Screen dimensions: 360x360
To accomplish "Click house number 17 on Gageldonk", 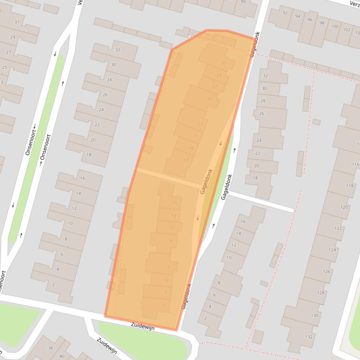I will pos(186,160).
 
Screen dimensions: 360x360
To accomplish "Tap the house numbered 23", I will pos(200,124).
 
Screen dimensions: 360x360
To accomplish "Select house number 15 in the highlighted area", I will pos(175,203).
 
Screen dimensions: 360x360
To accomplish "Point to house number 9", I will pos(170,241).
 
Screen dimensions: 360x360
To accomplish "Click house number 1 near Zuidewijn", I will pos(163,305).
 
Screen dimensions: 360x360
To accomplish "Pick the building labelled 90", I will pos(243,2).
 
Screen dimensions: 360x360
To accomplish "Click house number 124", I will pos(332,250).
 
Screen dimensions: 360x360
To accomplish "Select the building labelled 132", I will pos(309,337).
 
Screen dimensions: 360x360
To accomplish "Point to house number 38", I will pos(51,348).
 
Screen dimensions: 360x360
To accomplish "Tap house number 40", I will pos(62,356).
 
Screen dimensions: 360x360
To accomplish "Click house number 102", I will pos(346,30).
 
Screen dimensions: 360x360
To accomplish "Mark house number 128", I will pos(321,293).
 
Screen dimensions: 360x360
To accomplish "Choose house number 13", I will pos(174,216).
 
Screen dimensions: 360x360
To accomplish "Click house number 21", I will pos(196,136).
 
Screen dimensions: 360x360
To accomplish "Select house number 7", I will pos(168,268).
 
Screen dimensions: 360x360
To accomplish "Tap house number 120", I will pos(344,207).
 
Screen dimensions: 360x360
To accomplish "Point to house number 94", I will pos(297,16).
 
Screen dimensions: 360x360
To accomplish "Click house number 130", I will pos(315,316).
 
